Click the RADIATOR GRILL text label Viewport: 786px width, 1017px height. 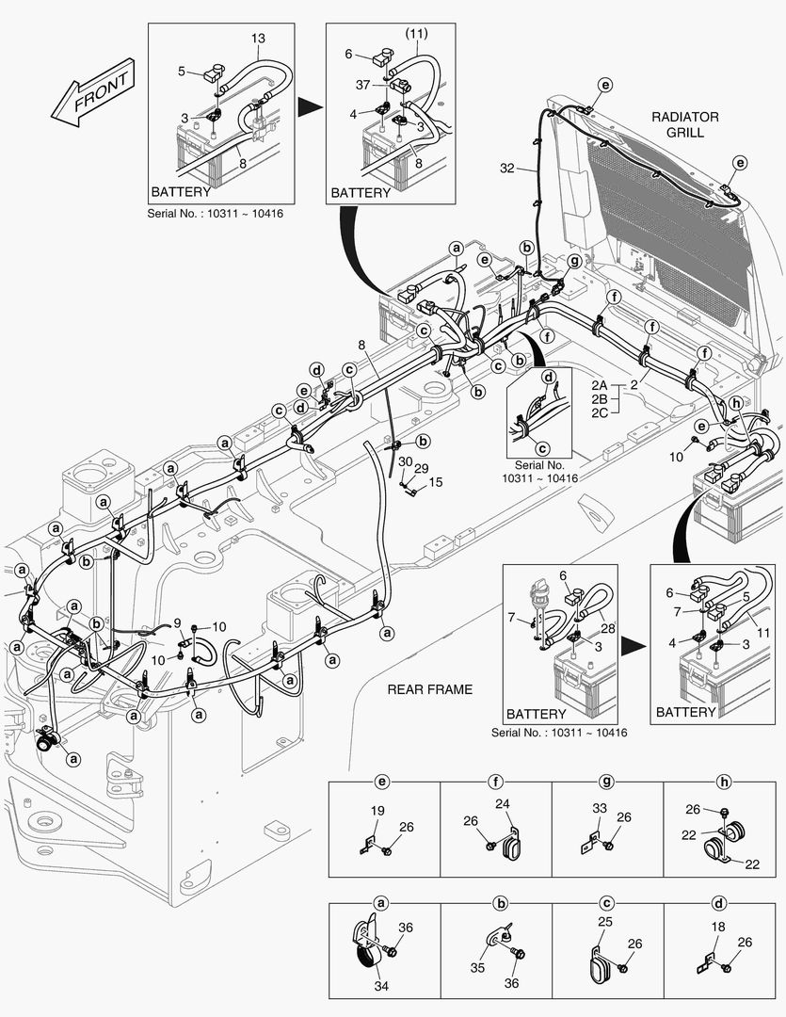pyautogui.click(x=684, y=124)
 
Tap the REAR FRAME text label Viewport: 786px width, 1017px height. pyautogui.click(x=429, y=689)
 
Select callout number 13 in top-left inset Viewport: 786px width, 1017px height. pyautogui.click(x=258, y=38)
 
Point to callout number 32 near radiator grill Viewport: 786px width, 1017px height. pyautogui.click(x=507, y=169)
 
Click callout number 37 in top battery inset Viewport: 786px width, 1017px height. pyautogui.click(x=361, y=86)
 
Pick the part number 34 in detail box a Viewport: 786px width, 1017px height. pyautogui.click(x=381, y=986)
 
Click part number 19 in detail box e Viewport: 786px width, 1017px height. pyautogui.click(x=377, y=810)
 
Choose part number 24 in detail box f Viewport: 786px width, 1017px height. pyautogui.click(x=502, y=803)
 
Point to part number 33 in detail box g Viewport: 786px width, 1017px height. pyautogui.click(x=600, y=807)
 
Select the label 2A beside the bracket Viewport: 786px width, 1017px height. pyautogui.click(x=600, y=386)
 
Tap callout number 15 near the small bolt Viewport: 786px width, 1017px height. pyautogui.click(x=436, y=482)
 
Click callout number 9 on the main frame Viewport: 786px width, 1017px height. pyautogui.click(x=176, y=621)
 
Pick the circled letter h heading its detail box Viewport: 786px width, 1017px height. pyautogui.click(x=723, y=782)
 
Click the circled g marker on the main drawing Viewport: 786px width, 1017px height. pyautogui.click(x=573, y=260)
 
